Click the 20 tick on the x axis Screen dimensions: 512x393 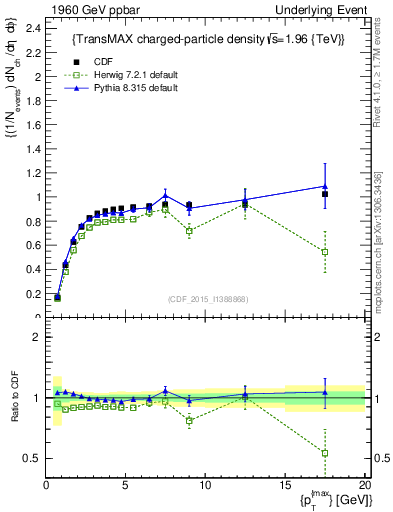[364, 485]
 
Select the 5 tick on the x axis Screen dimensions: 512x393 [126, 485]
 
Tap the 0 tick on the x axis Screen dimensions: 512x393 [46, 485]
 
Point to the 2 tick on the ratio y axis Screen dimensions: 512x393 [38, 337]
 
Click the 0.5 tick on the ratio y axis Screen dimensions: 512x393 [34, 458]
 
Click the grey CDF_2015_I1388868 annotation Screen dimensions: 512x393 [206, 299]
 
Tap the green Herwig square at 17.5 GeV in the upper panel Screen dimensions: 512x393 [325, 252]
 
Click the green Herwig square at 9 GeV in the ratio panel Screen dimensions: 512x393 [189, 420]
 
